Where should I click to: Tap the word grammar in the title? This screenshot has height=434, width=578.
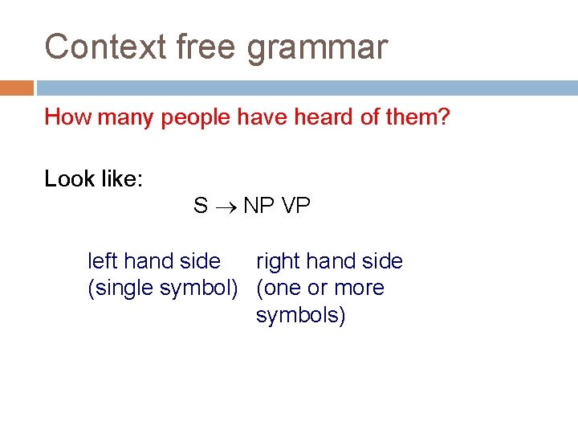(317, 48)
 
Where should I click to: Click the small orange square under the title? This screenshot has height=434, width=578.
(17, 88)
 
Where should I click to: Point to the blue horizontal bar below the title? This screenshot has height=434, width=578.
(305, 88)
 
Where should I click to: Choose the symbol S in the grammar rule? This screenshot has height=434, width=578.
(200, 206)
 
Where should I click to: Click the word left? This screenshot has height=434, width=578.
(102, 261)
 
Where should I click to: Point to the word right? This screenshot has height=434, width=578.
(278, 262)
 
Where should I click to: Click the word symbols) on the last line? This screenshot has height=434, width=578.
(300, 315)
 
